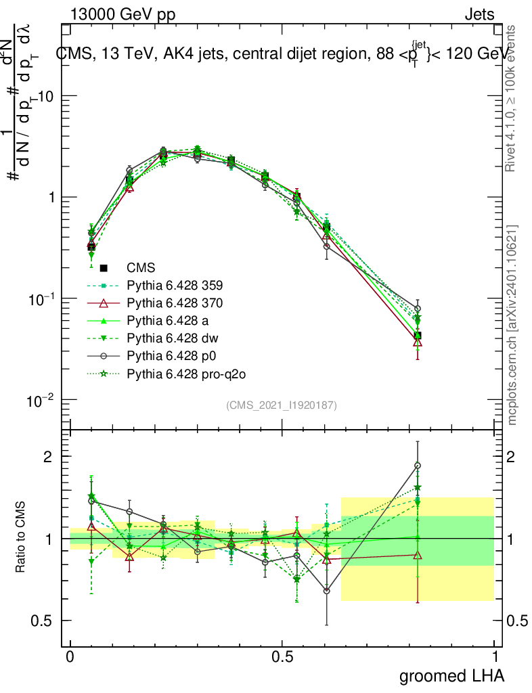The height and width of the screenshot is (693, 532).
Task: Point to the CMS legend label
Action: click(140, 268)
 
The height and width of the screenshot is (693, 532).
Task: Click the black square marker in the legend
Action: click(104, 268)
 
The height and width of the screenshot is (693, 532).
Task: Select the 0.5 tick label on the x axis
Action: click(282, 657)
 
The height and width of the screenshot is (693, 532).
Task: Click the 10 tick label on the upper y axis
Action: click(45, 96)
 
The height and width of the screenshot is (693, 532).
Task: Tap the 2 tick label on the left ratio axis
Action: click(49, 456)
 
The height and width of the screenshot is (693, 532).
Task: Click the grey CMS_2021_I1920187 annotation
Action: click(282, 405)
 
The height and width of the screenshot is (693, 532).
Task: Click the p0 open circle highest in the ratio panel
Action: click(418, 466)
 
